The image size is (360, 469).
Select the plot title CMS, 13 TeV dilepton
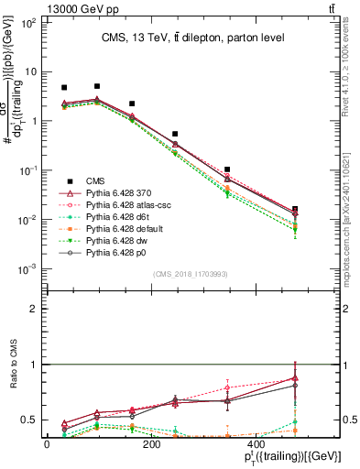(x=192, y=37)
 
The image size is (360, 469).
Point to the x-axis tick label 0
(x=47, y=444)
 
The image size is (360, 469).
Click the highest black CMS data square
(x=97, y=86)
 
